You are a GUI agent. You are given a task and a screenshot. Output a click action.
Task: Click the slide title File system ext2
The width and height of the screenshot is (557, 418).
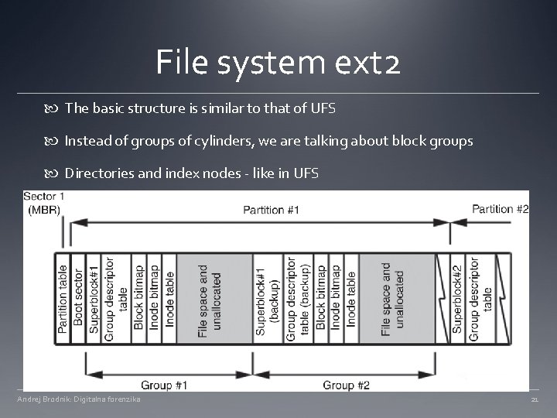coord(278,61)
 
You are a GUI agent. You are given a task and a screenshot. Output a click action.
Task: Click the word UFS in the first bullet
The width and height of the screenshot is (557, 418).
coord(322,108)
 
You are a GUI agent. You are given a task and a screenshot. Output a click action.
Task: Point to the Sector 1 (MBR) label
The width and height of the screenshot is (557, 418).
coord(44,204)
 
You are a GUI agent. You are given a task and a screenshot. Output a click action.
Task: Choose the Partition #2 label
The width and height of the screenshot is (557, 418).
coord(500,209)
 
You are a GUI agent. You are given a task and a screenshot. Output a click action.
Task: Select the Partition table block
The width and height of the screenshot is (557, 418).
coord(63,299)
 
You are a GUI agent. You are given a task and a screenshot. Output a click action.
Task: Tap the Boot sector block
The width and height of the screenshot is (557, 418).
coord(77,299)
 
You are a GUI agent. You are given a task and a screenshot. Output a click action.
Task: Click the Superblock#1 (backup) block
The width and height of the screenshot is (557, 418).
coord(267,299)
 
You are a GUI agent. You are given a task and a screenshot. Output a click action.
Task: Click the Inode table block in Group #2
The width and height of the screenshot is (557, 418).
coord(350,299)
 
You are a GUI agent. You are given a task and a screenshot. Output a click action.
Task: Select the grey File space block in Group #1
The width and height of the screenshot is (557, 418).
coord(209,299)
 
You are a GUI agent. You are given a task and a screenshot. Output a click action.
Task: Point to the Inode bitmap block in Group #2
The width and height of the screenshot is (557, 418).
coord(335,299)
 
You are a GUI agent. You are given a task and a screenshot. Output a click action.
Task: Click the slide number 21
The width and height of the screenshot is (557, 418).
coord(534,399)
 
